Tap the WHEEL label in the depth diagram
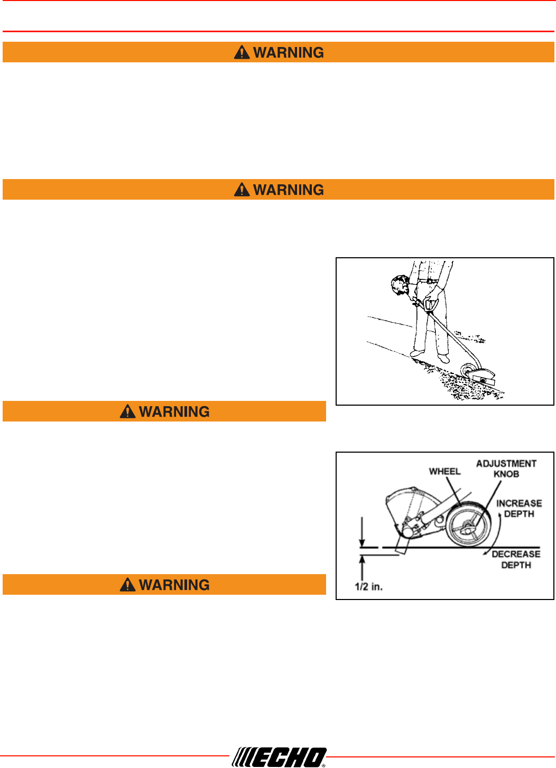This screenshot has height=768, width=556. click(444, 471)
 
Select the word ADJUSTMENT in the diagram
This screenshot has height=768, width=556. click(506, 464)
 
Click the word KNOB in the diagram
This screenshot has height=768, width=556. click(506, 474)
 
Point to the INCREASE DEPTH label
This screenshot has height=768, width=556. click(519, 509)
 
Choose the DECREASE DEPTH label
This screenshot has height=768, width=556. click(516, 559)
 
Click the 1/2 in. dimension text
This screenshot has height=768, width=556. click(368, 587)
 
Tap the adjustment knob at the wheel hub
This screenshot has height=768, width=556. click(467, 526)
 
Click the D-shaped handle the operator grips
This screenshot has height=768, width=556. click(431, 305)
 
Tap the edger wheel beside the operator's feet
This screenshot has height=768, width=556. click(467, 370)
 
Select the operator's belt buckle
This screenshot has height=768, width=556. click(429, 280)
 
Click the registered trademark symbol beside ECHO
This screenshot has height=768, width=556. click(323, 764)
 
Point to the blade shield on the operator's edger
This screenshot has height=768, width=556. click(484, 377)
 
